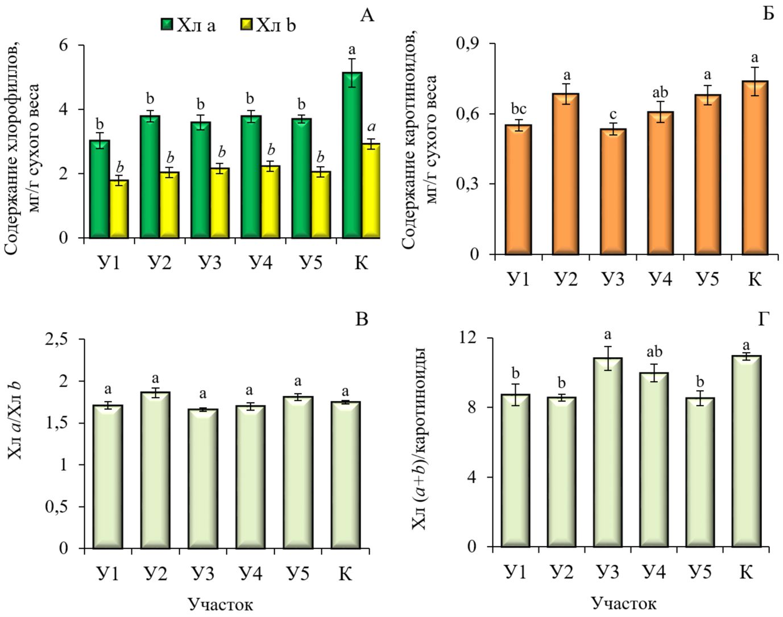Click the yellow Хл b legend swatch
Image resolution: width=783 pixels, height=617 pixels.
(x=246, y=25)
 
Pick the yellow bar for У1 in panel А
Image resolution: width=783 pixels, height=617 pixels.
(x=119, y=209)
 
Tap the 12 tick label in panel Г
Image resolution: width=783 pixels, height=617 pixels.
(x=470, y=338)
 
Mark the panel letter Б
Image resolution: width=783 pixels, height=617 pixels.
(x=768, y=13)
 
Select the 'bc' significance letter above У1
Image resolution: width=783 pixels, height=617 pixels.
(x=518, y=109)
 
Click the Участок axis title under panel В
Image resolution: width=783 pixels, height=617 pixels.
(x=220, y=604)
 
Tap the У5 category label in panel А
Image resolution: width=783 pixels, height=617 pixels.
(x=310, y=263)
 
